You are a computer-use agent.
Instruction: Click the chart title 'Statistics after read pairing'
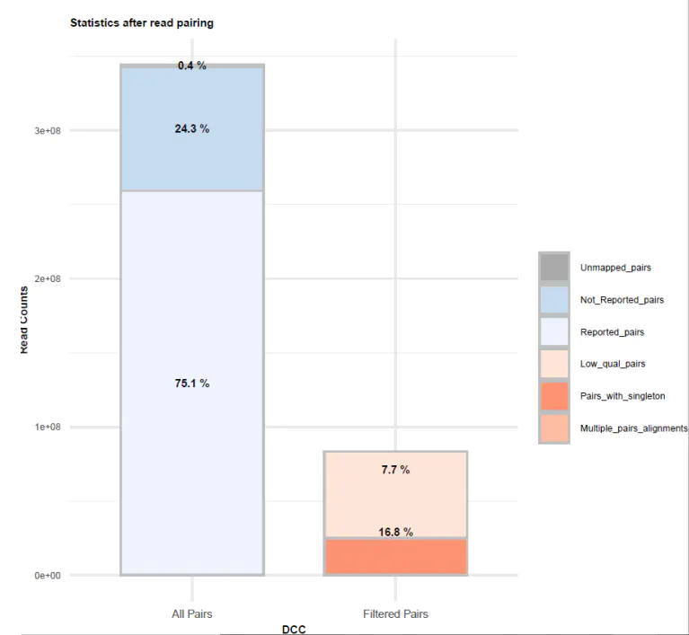click(x=142, y=23)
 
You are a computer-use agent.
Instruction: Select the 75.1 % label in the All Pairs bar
click(x=191, y=384)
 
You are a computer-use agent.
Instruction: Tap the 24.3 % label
click(x=191, y=129)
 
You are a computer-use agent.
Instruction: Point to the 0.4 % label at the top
click(x=191, y=66)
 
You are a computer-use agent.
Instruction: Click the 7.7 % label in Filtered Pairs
click(x=394, y=470)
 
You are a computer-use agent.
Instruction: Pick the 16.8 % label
click(x=394, y=532)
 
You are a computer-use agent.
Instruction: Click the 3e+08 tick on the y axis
click(x=47, y=130)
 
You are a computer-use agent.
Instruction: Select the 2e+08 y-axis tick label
click(x=47, y=278)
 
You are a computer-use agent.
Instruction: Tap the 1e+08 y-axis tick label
click(x=47, y=428)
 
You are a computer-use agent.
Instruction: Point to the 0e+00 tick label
click(x=47, y=576)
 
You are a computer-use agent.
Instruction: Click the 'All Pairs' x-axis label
click(x=191, y=614)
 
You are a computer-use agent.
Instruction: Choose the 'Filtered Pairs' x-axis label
click(x=395, y=614)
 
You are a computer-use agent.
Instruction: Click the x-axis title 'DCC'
click(x=294, y=630)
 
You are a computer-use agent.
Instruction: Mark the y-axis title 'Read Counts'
click(x=23, y=320)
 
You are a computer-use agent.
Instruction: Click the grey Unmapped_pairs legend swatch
click(x=555, y=268)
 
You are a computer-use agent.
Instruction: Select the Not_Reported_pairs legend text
click(x=622, y=300)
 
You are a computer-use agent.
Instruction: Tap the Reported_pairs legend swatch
click(x=555, y=332)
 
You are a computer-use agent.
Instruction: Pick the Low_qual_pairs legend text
click(x=614, y=364)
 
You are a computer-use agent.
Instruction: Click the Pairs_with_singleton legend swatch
click(x=555, y=396)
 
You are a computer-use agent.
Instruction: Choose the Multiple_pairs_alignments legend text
click(x=633, y=428)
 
